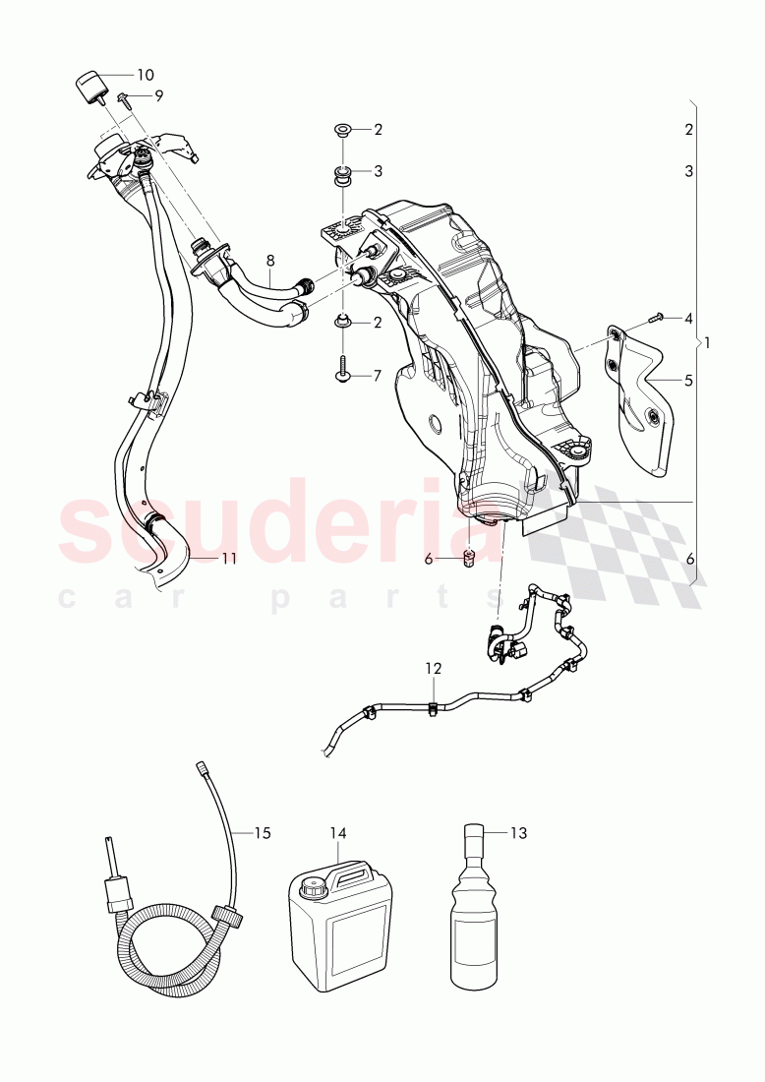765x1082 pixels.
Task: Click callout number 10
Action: click(x=145, y=75)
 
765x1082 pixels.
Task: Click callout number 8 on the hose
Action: click(x=270, y=261)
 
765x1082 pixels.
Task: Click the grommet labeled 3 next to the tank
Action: click(x=343, y=176)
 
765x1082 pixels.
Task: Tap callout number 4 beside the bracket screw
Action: click(x=688, y=318)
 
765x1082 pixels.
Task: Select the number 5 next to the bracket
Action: click(x=688, y=379)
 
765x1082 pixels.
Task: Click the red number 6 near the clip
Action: click(x=428, y=559)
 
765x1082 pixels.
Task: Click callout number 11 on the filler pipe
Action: click(x=228, y=558)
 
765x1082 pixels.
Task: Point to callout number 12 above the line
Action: click(x=434, y=668)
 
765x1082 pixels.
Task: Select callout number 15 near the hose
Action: click(x=262, y=833)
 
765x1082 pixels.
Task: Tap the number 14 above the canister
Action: click(x=338, y=833)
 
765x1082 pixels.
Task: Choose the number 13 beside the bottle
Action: click(x=518, y=833)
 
